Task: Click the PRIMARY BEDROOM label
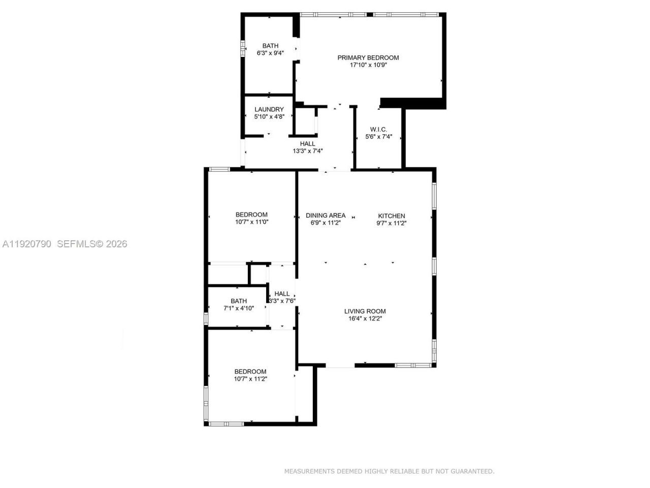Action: tap(368, 57)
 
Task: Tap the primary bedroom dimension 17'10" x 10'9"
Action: tap(368, 65)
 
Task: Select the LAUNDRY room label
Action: tap(269, 109)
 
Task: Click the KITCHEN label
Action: tap(392, 216)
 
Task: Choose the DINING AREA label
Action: tap(326, 216)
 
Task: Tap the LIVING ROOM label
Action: tap(365, 311)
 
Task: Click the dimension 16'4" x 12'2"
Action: tap(365, 319)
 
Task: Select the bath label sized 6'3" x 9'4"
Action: tap(270, 46)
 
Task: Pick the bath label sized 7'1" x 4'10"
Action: tap(239, 301)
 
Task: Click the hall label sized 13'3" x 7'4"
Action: tap(307, 144)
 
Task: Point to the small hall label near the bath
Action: tap(282, 293)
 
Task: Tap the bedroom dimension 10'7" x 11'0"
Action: tap(251, 222)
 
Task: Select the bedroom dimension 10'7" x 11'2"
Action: tap(250, 379)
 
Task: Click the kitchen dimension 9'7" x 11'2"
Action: tap(392, 223)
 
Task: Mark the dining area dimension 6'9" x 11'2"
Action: tap(326, 223)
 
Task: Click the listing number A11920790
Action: tap(27, 244)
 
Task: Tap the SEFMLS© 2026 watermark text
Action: tap(92, 244)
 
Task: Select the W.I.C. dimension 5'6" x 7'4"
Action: tap(379, 137)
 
